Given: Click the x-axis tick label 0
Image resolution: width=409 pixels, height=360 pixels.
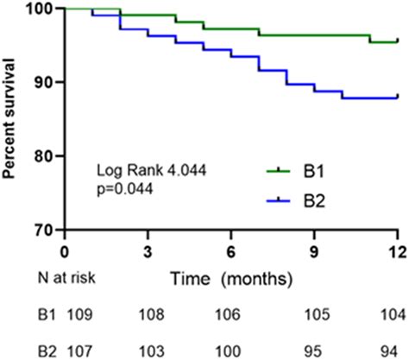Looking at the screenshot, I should (x=64, y=251).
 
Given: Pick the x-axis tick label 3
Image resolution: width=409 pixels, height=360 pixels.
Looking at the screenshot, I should (x=148, y=251).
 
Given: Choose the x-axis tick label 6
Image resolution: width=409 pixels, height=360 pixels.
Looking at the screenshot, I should (x=230, y=251).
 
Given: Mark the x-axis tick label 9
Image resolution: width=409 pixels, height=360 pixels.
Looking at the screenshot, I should (x=314, y=251).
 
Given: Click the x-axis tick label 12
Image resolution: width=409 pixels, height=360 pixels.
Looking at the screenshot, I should (x=396, y=251).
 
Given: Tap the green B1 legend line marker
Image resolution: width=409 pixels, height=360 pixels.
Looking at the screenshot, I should (x=274, y=173).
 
